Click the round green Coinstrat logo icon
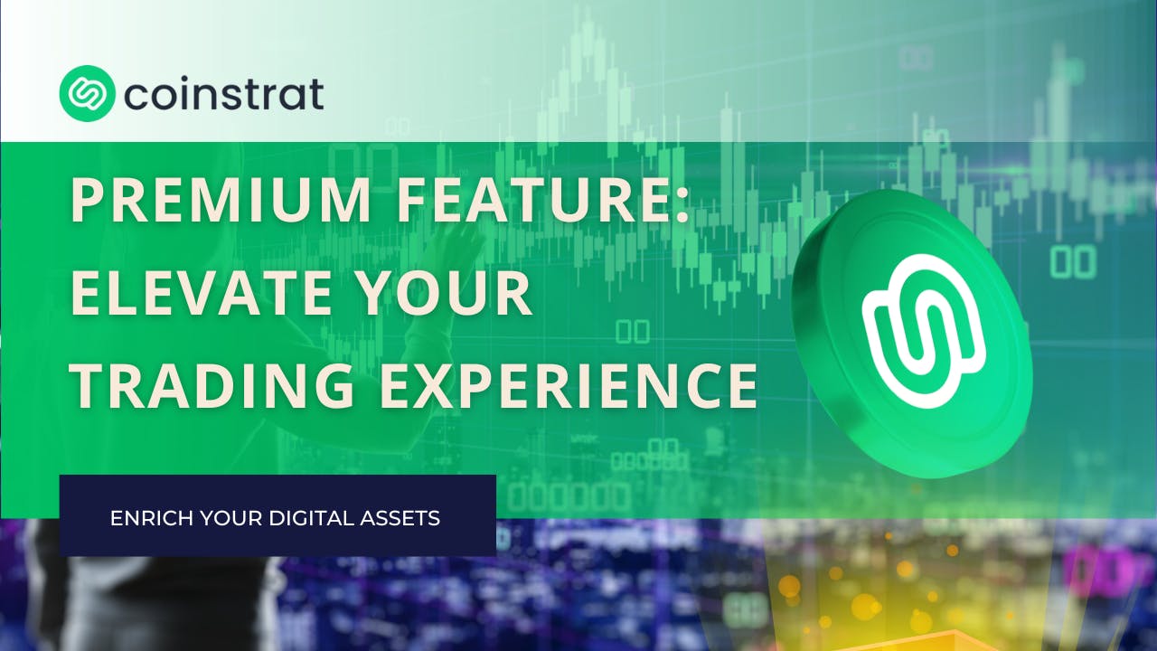coord(87,93)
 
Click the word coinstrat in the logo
coord(224,94)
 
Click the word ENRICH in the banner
coord(143,519)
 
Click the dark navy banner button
coord(277,514)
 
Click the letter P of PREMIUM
coord(86,202)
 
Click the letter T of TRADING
coord(87,384)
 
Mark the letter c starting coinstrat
coord(136,96)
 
